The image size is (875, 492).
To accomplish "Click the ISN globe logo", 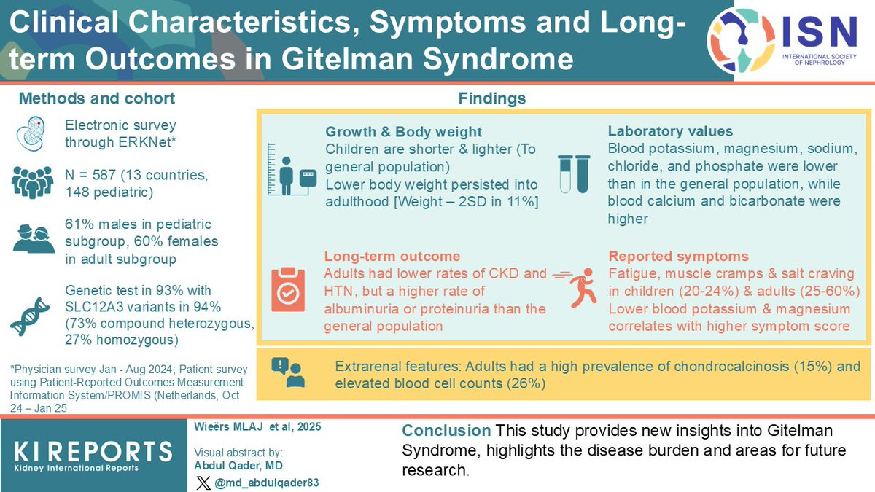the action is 741,40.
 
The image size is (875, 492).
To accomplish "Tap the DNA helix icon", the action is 30,316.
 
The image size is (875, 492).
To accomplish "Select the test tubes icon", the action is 574,173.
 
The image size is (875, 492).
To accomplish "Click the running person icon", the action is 575,288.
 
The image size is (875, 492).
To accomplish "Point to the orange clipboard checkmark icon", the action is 288,289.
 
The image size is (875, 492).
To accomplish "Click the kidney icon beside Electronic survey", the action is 31,133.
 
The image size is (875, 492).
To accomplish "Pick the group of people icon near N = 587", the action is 32,182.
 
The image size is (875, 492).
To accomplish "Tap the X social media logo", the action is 203,483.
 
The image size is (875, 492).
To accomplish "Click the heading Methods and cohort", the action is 97,98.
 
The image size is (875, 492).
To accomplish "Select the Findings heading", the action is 492,98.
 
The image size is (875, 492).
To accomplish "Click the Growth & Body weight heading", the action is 403,132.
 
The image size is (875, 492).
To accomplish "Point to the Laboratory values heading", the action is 670,131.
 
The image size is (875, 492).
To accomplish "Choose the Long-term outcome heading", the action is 392,256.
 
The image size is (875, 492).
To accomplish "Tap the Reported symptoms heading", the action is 679,256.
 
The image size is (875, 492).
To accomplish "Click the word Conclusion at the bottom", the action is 446,430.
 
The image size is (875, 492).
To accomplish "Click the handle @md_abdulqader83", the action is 267,483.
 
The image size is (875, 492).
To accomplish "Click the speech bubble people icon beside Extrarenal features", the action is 288,372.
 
